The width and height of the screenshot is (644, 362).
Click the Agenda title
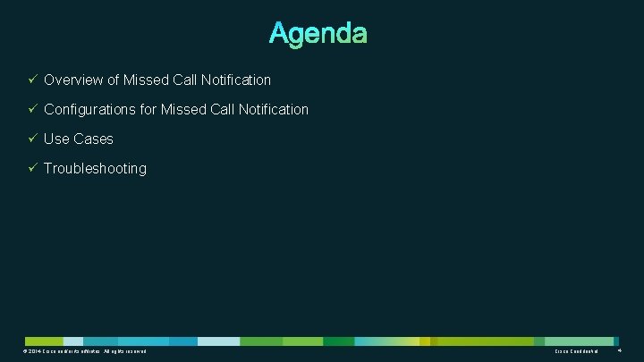[x=318, y=34]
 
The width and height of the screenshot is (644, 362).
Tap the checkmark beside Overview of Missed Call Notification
[x=31, y=80]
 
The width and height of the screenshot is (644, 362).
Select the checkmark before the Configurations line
[x=31, y=109]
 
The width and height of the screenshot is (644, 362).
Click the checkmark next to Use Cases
[x=31, y=139]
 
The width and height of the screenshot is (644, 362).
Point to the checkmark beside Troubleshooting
[x=31, y=168]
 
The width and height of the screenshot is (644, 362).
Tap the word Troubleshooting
[x=95, y=169]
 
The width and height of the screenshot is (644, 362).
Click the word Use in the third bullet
[x=56, y=139]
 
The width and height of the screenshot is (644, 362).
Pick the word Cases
[x=93, y=139]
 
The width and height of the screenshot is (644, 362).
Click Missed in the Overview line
[x=147, y=80]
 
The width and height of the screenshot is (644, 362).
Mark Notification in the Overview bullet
[x=236, y=80]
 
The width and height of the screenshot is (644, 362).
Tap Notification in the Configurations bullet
[x=274, y=110]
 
